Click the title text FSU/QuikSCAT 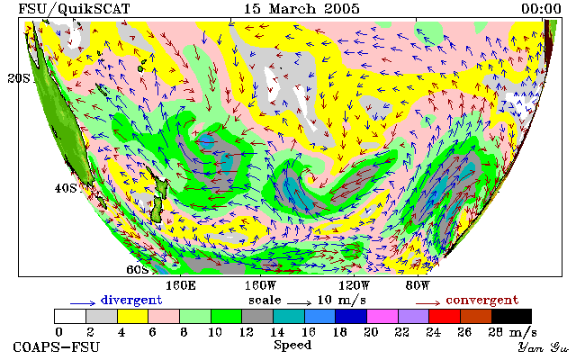coord(74,9)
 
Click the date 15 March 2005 coord(301,9)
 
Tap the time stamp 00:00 coord(541,9)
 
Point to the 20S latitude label coord(18,78)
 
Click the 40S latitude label coord(66,188)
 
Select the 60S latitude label coord(138,269)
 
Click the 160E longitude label coord(181,286)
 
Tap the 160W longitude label coord(260,286)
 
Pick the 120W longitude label coord(354,286)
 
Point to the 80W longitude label coord(418,286)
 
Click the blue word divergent coord(131,301)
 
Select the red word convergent coord(482,301)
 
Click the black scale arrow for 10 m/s coord(299,303)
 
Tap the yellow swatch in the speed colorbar coord(132,316)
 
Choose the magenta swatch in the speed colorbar coord(382,316)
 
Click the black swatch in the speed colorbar coord(511,316)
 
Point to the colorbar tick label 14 coord(277,331)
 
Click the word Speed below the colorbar coord(292,346)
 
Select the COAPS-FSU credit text coord(57,347)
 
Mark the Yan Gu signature coord(543,347)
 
